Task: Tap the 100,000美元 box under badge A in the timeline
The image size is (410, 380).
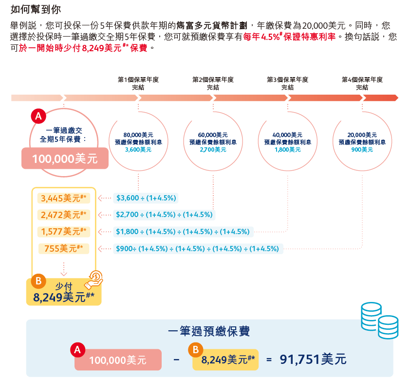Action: [x=65, y=159]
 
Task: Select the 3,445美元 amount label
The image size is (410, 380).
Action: [x=64, y=198]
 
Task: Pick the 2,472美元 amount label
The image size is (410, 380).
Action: [x=64, y=215]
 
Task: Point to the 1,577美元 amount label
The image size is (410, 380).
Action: [x=64, y=231]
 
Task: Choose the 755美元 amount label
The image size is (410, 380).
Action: [x=64, y=249]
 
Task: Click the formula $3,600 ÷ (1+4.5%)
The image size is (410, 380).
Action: [x=146, y=198]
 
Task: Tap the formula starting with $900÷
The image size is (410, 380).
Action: [x=197, y=249]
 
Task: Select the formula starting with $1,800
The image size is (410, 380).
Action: [x=183, y=232]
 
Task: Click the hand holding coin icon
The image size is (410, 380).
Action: [x=94, y=280]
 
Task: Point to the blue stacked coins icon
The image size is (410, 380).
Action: [x=378, y=320]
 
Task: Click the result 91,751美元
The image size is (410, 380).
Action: [x=313, y=360]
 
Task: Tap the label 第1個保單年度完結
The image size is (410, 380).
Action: [x=138, y=83]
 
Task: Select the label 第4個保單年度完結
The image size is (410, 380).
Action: [x=362, y=83]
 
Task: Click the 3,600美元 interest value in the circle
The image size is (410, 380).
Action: [x=138, y=150]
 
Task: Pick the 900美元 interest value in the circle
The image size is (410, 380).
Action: [x=362, y=150]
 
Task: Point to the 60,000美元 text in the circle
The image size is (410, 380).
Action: [x=213, y=135]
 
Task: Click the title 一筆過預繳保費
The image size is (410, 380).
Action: [x=209, y=332]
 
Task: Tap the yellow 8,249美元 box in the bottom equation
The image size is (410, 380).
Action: [x=225, y=360]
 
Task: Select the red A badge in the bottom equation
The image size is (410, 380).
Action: [x=77, y=349]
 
